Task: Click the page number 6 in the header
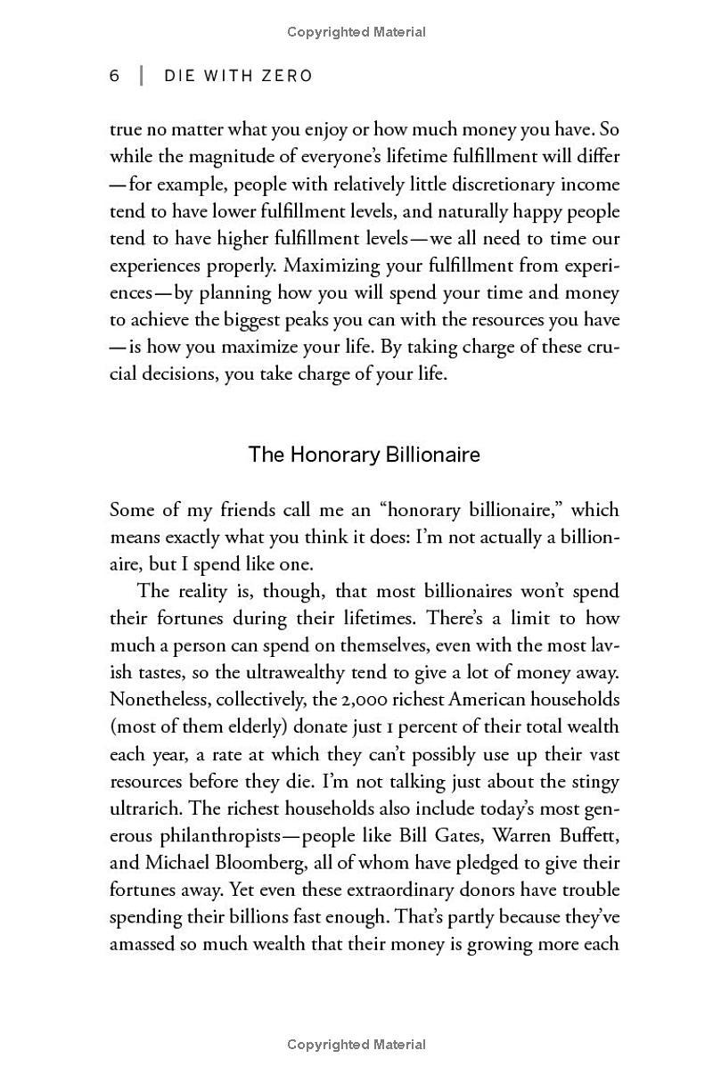[115, 76]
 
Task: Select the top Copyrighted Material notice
[356, 32]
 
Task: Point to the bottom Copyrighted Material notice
[356, 1044]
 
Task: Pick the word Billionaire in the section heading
[433, 455]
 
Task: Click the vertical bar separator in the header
[141, 76]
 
